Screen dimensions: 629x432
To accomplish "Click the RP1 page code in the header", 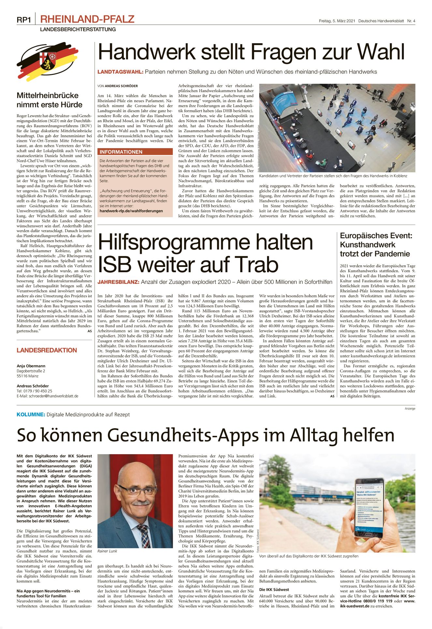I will pyautogui.click(x=24, y=20).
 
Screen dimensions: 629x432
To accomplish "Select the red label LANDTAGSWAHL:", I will pyautogui.click(x=120, y=72).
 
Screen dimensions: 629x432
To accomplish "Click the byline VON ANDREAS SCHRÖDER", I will pyautogui.click(x=117, y=86).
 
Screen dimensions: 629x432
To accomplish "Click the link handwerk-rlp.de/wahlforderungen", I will pyautogui.click(x=131, y=211).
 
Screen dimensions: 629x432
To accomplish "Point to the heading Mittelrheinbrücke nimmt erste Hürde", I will pyautogui.click(x=49, y=100).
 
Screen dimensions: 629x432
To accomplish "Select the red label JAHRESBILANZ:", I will pyautogui.click(x=118, y=282).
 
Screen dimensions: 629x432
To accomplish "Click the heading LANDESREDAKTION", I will pyautogui.click(x=47, y=350).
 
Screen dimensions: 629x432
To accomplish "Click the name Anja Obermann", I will pyautogui.click(x=31, y=366).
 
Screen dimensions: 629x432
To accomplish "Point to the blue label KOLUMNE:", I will pyautogui.click(x=31, y=414).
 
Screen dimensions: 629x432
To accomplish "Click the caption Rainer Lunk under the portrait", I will pyautogui.click(x=107, y=551).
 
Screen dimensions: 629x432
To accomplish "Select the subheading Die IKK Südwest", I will pyautogui.click(x=274, y=590).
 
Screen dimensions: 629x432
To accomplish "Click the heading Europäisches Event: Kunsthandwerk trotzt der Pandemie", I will pyautogui.click(x=376, y=245).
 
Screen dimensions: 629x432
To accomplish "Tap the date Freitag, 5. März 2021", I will pyautogui.click(x=337, y=21).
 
